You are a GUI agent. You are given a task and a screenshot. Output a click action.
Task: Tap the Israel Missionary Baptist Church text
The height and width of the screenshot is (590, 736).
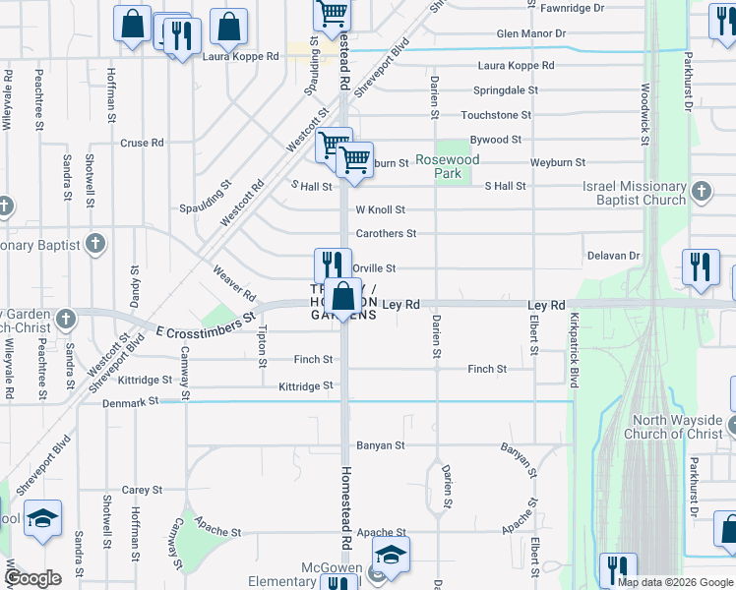tap(635, 193)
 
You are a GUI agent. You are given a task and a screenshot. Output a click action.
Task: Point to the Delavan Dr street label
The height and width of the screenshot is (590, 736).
tap(613, 256)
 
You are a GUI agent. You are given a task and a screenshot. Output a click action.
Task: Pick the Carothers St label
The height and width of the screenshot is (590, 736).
tap(386, 234)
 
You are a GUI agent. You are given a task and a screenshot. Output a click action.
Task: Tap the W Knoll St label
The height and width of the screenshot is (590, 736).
tap(380, 209)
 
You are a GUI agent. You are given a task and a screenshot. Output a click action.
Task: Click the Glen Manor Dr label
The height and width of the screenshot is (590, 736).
tap(531, 33)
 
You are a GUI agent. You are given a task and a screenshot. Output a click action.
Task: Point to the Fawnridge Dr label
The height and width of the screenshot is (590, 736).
tap(573, 8)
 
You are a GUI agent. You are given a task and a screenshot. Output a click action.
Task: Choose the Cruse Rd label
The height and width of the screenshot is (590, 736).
tap(142, 143)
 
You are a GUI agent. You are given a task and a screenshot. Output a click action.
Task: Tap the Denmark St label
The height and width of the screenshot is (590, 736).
tap(135, 402)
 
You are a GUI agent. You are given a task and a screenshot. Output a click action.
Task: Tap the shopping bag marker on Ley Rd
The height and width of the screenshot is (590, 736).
tap(342, 297)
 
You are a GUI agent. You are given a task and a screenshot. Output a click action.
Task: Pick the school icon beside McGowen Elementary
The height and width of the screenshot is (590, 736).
tap(391, 556)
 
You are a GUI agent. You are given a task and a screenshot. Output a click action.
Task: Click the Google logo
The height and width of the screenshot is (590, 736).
tap(32, 578)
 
